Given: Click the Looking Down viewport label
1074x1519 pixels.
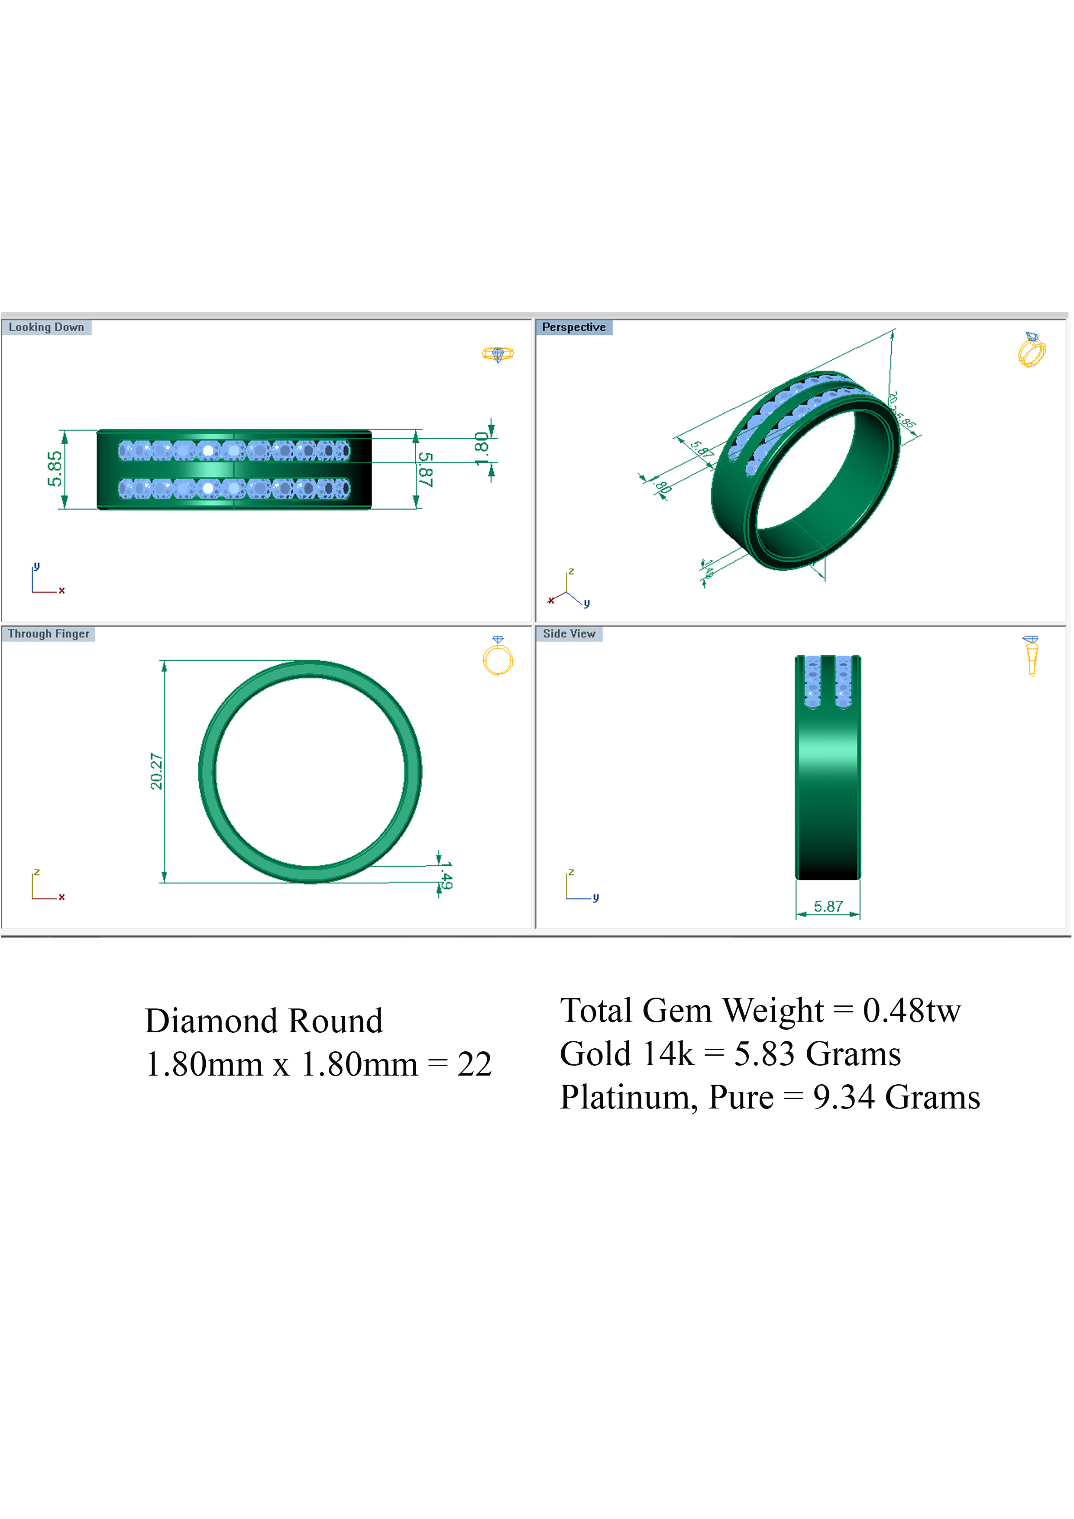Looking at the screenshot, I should (46, 327).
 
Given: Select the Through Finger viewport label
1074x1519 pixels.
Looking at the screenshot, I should (49, 633).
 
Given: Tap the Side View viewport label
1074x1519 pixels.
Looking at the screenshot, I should (569, 633).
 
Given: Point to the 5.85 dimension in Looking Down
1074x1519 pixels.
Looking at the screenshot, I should (55, 469).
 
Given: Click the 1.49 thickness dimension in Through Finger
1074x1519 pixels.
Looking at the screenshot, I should (446, 875).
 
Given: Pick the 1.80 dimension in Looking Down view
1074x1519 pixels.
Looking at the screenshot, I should (482, 449).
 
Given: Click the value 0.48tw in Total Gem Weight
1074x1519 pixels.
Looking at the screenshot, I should (911, 1010).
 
